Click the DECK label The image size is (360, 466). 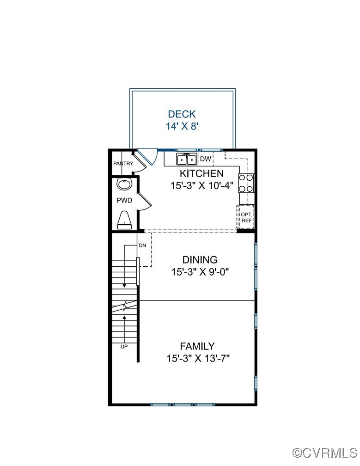182,114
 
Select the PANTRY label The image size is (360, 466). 123,164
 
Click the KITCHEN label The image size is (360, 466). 201,174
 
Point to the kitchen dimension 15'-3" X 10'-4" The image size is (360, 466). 201,186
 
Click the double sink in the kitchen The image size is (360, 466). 187,159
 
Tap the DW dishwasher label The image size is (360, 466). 205,159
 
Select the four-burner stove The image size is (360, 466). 246,183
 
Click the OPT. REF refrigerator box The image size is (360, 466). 245,217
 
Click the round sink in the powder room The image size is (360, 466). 124,184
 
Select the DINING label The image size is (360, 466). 200,260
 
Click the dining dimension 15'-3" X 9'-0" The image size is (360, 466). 200,272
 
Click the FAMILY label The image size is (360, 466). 197,346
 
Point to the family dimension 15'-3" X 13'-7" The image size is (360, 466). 198,358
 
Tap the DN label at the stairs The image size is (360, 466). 143,245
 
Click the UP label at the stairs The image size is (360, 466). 124,346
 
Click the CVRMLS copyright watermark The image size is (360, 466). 325,452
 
